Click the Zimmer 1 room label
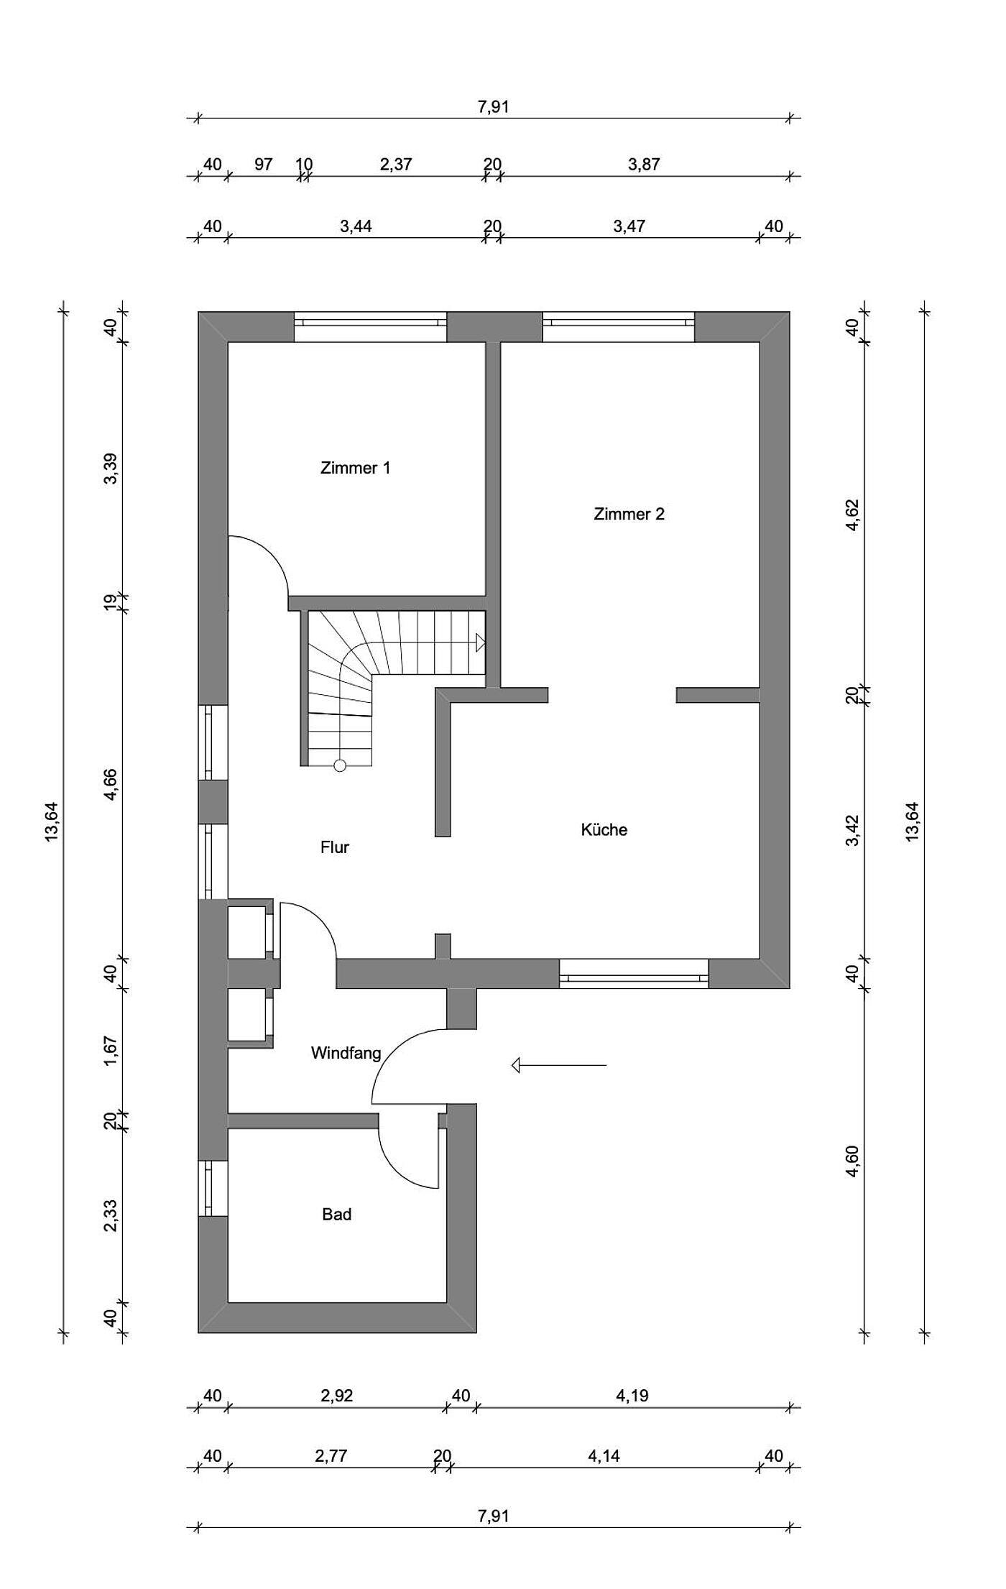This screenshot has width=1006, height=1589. point(355,468)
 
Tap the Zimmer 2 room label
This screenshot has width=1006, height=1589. point(629,514)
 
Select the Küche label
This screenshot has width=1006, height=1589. point(604,829)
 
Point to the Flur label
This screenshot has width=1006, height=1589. point(334,847)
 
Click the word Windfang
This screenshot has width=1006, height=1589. point(346,1053)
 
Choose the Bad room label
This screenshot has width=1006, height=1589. point(336,1214)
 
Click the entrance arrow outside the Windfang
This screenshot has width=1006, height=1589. point(559,1065)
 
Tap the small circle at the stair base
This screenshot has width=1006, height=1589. point(340,765)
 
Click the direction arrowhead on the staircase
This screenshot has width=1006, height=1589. point(481,642)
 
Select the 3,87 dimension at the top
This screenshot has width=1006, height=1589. point(643,164)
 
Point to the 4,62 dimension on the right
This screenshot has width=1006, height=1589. point(852,515)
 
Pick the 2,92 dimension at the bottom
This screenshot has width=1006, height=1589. point(336,1395)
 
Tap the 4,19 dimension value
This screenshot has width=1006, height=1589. point(632,1395)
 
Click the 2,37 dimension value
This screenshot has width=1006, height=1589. point(395,164)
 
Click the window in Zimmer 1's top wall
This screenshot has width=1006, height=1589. point(370,327)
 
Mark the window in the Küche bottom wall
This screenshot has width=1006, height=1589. point(634,973)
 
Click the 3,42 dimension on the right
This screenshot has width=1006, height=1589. point(852,830)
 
